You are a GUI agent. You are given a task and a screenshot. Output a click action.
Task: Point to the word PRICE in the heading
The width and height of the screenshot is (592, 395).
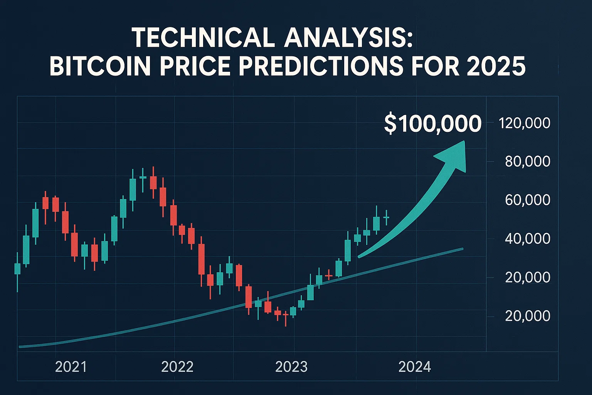click(193, 66)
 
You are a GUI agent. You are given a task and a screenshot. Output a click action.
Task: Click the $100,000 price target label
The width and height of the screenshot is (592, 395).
click(432, 124)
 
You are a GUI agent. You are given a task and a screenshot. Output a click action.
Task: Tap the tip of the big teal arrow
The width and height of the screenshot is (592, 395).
click(464, 142)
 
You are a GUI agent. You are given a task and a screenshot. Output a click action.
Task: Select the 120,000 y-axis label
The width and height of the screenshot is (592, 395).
click(524, 123)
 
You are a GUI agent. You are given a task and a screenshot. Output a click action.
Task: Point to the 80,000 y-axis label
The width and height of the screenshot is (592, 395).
click(527, 161)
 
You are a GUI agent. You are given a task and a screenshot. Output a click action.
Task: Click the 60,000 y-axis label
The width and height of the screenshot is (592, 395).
click(527, 200)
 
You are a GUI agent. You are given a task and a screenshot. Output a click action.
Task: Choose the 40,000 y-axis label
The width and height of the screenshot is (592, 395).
click(527, 238)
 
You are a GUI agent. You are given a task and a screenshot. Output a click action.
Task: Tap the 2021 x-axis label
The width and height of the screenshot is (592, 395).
click(71, 366)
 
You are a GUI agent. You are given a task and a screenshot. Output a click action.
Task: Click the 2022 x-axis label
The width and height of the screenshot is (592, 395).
click(177, 366)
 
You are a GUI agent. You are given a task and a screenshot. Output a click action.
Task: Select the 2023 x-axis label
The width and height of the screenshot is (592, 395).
click(291, 366)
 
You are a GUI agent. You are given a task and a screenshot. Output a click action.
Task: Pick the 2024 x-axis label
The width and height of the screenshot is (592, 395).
click(414, 366)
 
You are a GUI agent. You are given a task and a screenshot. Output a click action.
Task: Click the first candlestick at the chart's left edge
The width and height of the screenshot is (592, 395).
click(17, 269)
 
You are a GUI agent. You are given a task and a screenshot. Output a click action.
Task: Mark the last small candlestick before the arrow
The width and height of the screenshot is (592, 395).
click(386, 218)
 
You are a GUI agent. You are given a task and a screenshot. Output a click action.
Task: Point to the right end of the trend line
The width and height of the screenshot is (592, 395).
click(462, 249)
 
